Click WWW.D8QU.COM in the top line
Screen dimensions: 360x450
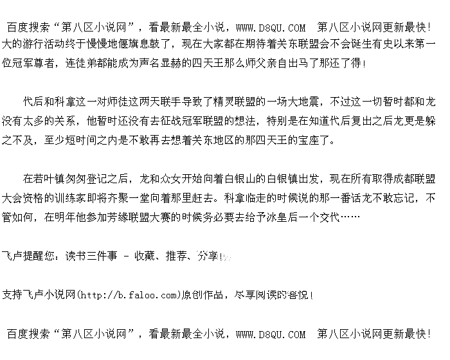pos(271,28)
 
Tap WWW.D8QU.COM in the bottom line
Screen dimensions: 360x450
pos(271,334)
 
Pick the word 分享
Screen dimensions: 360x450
pos(207,256)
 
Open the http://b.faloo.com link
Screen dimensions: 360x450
pos(127,296)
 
